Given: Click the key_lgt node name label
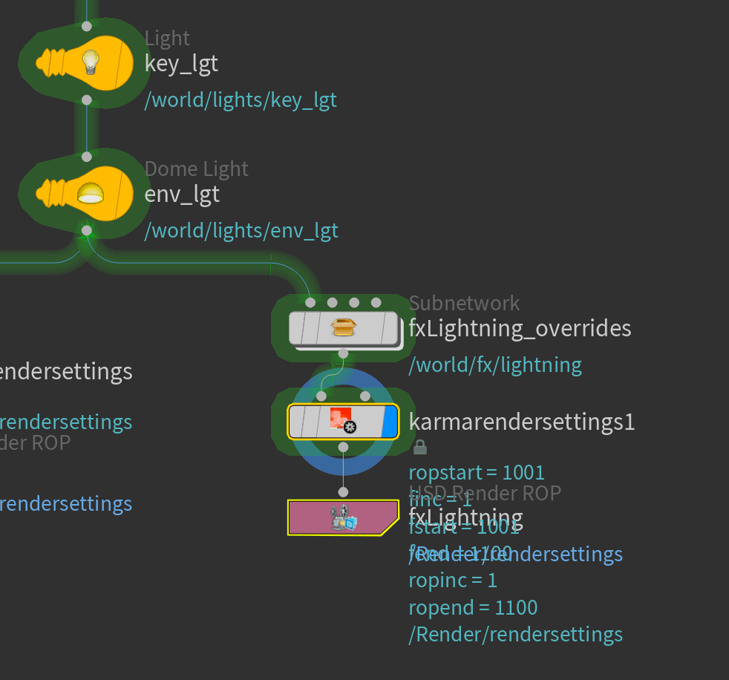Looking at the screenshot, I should click(181, 64).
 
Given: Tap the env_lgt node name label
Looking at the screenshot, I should click(182, 194).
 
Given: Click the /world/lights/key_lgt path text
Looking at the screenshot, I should click(241, 99).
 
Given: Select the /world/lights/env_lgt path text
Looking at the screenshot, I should click(241, 231).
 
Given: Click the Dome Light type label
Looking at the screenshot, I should click(197, 169).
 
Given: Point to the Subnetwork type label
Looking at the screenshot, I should click(465, 303).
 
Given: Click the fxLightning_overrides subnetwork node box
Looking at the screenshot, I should click(343, 328).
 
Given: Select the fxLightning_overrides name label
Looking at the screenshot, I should click(520, 328).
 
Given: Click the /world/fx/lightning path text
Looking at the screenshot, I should click(495, 364).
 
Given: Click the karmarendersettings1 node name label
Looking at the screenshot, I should click(522, 422).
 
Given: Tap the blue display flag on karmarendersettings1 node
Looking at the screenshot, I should click(390, 422).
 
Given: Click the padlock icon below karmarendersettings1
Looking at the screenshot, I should click(419, 447).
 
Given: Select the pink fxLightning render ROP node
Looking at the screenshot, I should click(343, 517).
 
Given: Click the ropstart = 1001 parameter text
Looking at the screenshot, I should click(477, 472).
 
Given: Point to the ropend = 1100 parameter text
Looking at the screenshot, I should click(473, 608).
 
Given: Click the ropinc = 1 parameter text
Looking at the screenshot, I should click(453, 581).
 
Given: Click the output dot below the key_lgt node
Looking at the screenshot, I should click(87, 99).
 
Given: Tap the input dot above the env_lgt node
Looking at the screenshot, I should click(87, 157).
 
